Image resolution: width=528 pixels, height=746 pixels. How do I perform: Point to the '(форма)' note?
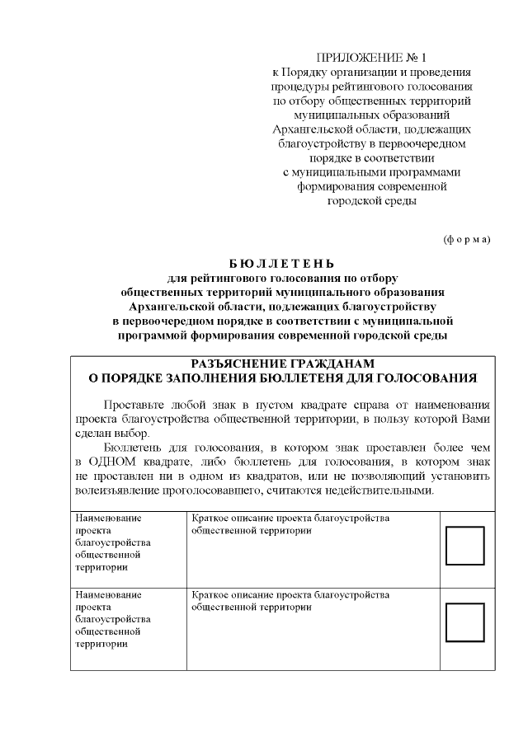tap(467, 239)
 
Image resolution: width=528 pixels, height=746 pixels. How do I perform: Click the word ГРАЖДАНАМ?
tap(333, 364)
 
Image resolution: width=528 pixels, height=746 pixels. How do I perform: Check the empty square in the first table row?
tap(464, 545)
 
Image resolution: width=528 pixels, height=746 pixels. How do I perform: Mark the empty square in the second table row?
tap(464, 622)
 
